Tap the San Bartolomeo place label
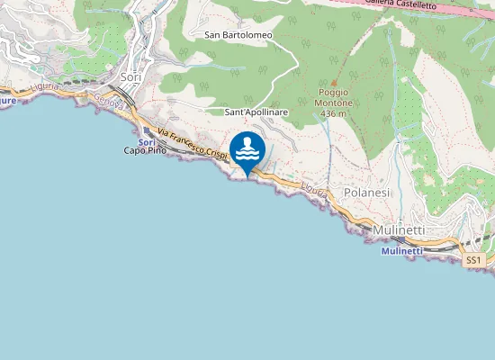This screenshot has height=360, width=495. click(238, 35)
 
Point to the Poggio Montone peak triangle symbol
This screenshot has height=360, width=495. click(334, 82)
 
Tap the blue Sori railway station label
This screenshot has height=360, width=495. click(148, 142)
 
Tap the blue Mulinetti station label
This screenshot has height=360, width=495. click(401, 251)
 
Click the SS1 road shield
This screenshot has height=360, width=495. click(474, 260)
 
